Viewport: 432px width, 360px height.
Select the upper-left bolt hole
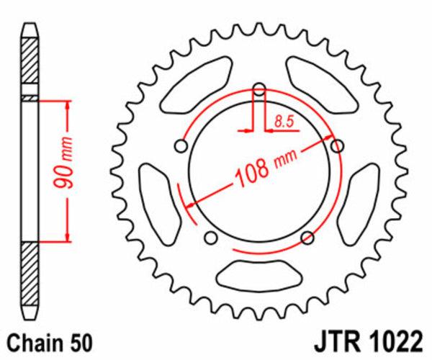[x=181, y=146]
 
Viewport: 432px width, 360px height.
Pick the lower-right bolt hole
[x=307, y=238]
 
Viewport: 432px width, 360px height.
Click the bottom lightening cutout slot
[x=259, y=272]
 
